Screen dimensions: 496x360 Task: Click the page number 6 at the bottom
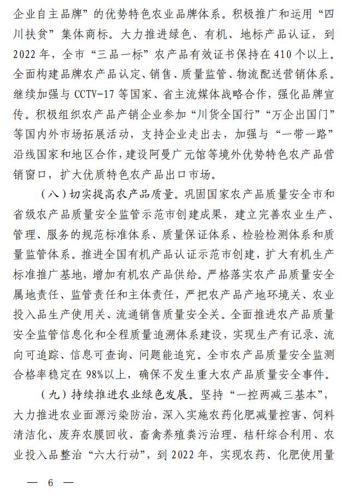(x=50, y=483)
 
